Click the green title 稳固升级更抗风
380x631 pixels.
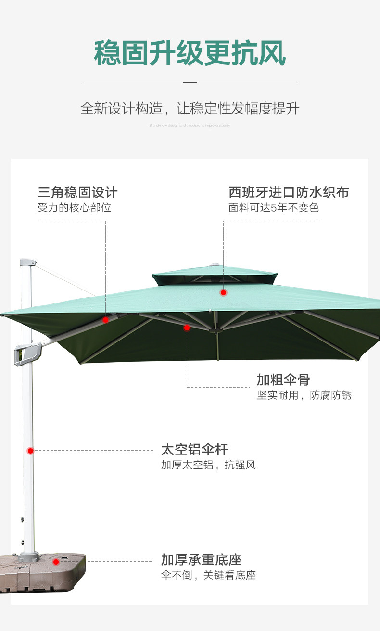pyautogui.click(x=190, y=53)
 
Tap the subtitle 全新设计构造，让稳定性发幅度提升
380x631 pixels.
pyautogui.click(x=190, y=109)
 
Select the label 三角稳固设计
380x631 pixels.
pyautogui.click(x=77, y=192)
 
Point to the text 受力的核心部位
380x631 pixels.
pyautogui.click(x=74, y=208)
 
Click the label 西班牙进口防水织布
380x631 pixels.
pyautogui.click(x=289, y=192)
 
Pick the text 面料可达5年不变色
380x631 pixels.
pyautogui.click(x=274, y=208)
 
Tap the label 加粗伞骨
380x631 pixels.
pyautogui.click(x=283, y=379)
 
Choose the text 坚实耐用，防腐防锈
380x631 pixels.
pyautogui.click(x=304, y=395)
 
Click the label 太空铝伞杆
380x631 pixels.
pyautogui.click(x=194, y=450)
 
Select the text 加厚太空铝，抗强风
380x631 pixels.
pyautogui.click(x=208, y=465)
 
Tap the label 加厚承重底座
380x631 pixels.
pyautogui.click(x=201, y=560)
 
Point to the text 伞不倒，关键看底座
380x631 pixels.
pyautogui.click(x=208, y=575)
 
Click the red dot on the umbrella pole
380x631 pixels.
pyautogui.click(x=30, y=451)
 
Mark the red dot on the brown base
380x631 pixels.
pyautogui.click(x=56, y=562)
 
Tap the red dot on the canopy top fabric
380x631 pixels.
pyautogui.click(x=223, y=292)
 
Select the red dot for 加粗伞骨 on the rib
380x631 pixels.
pyautogui.click(x=187, y=328)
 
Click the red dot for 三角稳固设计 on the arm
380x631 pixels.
pyautogui.click(x=105, y=319)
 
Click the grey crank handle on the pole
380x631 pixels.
pyautogui.click(x=27, y=354)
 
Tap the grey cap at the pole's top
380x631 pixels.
pyautogui.click(x=27, y=263)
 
